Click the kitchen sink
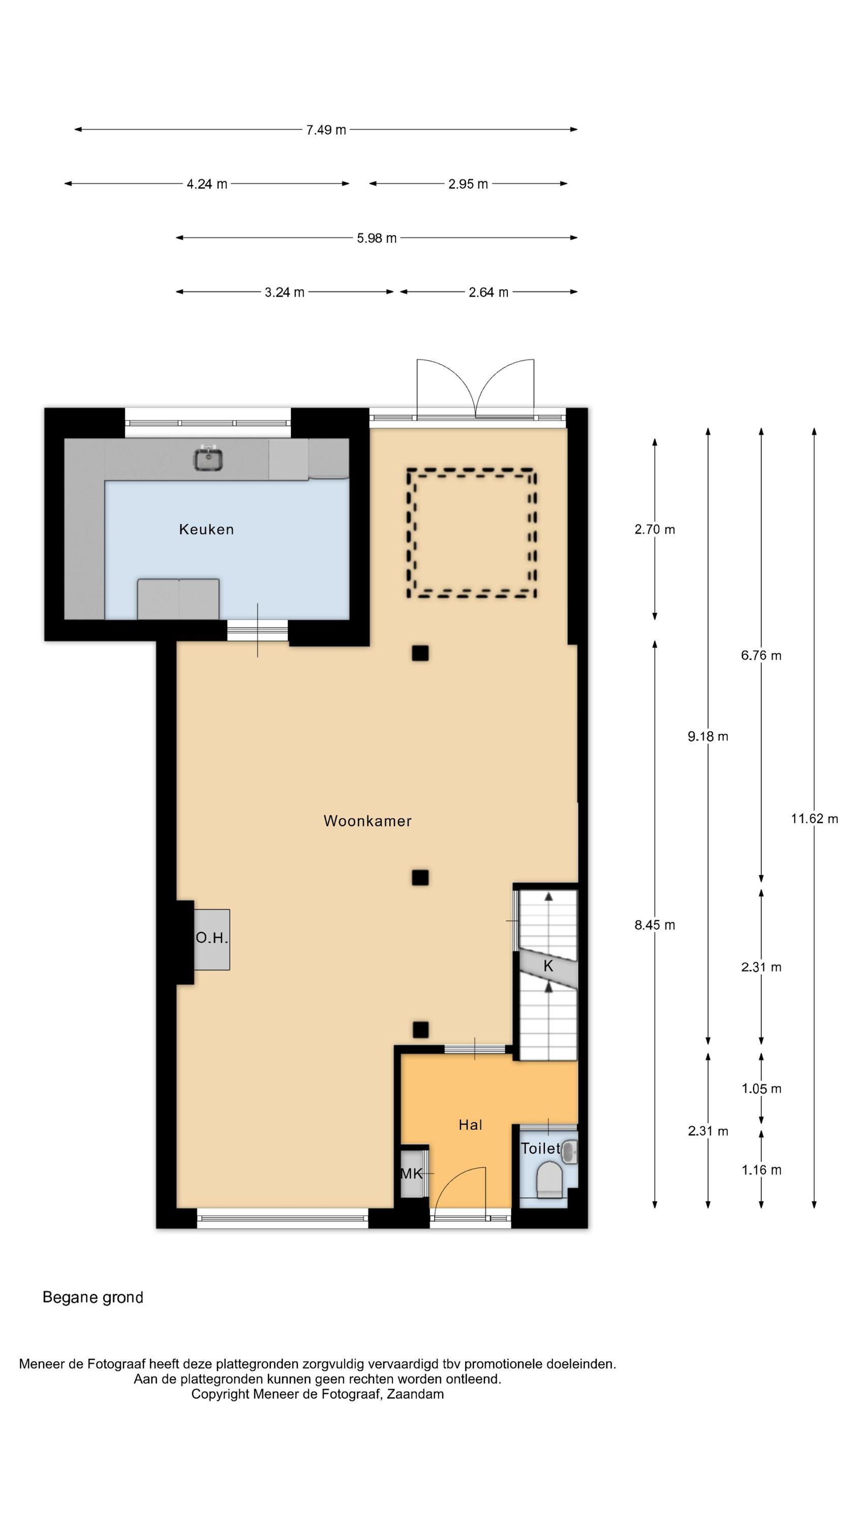tap(208, 458)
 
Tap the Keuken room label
tap(206, 529)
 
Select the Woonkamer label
tap(367, 820)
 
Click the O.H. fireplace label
tap(211, 938)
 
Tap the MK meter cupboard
tap(412, 1173)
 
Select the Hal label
tap(470, 1124)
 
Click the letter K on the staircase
tap(548, 966)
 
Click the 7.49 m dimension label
tap(326, 130)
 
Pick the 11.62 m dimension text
tap(814, 818)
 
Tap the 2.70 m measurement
tap(654, 530)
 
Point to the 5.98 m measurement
tap(377, 238)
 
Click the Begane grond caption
tap(93, 1297)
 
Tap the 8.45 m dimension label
tap(654, 925)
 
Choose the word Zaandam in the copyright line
tap(416, 1394)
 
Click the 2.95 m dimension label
tap(468, 184)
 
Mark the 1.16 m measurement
tap(761, 1170)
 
